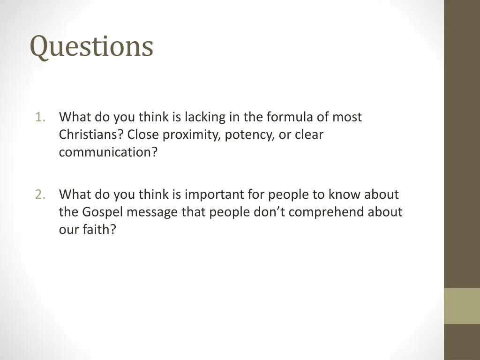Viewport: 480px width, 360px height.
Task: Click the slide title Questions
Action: (x=91, y=47)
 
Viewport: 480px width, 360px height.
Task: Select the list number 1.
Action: (x=40, y=117)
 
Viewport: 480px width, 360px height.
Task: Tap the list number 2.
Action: (x=40, y=195)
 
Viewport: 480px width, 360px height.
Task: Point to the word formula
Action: (x=287, y=117)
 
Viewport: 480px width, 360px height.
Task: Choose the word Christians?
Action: (x=91, y=135)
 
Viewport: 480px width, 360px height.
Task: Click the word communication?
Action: (x=108, y=153)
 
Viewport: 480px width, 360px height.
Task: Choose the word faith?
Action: (x=99, y=230)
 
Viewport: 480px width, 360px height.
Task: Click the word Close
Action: (x=143, y=135)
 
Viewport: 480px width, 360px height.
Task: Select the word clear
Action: (x=309, y=135)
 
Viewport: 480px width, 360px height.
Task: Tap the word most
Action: (x=347, y=117)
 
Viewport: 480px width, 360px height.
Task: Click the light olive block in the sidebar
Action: (x=462, y=306)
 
